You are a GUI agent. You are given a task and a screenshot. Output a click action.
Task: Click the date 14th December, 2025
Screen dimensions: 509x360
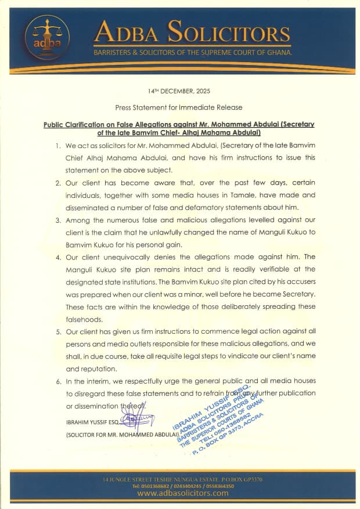(179, 91)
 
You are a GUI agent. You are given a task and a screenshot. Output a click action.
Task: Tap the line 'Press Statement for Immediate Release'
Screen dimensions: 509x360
(179, 107)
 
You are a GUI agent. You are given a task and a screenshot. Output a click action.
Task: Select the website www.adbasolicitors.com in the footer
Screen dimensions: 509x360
(182, 493)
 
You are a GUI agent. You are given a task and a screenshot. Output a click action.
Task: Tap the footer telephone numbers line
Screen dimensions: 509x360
(182, 486)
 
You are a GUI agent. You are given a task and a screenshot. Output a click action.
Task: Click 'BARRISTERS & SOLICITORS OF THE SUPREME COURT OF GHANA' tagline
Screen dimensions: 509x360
(185, 53)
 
